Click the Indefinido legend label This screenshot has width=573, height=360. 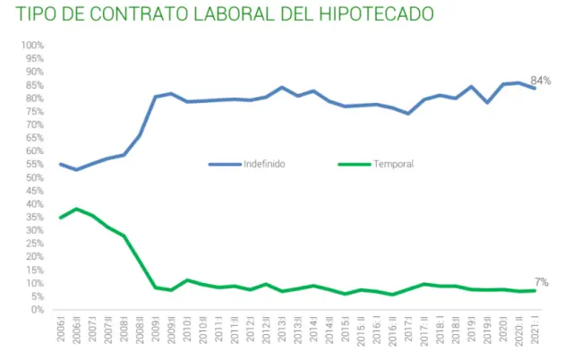click(264, 164)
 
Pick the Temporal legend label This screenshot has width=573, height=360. click(393, 164)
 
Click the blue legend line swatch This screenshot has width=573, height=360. click(224, 164)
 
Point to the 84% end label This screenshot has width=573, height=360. click(541, 81)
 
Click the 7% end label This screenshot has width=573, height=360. click(542, 283)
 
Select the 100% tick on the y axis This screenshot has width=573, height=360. click(33, 46)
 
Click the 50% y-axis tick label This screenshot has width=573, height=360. click(35, 177)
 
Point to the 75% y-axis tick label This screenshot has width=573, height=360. click(35, 112)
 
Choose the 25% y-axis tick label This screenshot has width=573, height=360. click(35, 244)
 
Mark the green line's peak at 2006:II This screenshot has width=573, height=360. click(77, 209)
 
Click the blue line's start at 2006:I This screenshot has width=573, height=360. click(61, 164)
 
